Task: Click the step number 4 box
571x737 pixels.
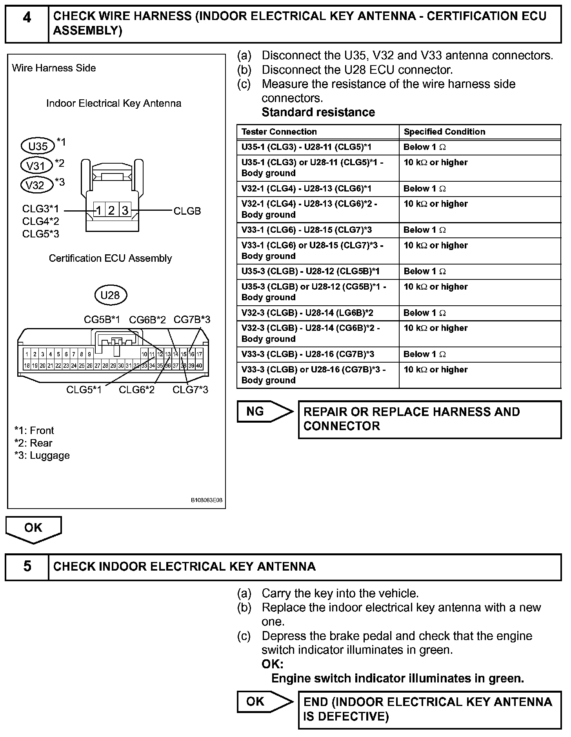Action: click(27, 24)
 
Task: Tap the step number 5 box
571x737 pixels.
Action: click(27, 566)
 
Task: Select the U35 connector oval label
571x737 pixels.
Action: click(38, 146)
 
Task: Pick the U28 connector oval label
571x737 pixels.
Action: click(110, 295)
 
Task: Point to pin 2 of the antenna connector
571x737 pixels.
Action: click(111, 211)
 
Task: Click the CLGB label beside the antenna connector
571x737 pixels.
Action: click(187, 211)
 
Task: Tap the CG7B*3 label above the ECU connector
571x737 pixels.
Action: click(192, 320)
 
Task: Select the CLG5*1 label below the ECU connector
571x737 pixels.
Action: click(84, 390)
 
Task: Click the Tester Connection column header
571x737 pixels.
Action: click(279, 132)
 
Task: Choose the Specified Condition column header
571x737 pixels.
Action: click(444, 132)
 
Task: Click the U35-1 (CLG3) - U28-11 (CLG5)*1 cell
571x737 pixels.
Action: click(306, 147)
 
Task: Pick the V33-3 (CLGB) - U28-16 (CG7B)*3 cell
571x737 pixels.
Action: click(308, 354)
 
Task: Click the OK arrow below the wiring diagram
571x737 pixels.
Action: click(33, 528)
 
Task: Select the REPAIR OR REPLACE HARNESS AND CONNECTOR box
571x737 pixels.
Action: click(429, 419)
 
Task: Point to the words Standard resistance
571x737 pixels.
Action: click(318, 112)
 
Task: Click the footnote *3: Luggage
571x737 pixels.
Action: click(42, 456)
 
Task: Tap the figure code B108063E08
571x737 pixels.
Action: click(206, 500)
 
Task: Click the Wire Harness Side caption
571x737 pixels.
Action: click(54, 68)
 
